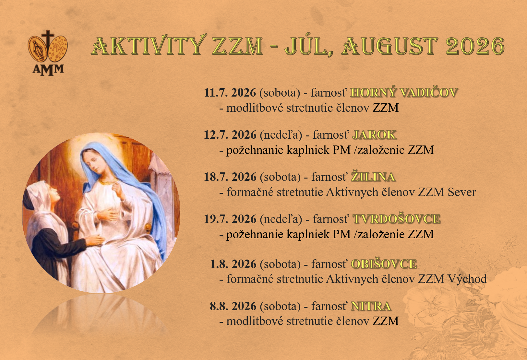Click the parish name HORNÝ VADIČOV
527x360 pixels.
pos(404,92)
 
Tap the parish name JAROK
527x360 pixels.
pos(374,135)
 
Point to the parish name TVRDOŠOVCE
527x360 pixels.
pos(396,219)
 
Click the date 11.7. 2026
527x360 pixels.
pos(230,92)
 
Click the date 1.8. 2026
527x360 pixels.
pos(233,264)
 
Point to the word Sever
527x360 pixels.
pos(461,192)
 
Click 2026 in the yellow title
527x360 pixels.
pos(475,46)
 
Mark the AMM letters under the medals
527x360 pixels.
pos(48,70)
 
